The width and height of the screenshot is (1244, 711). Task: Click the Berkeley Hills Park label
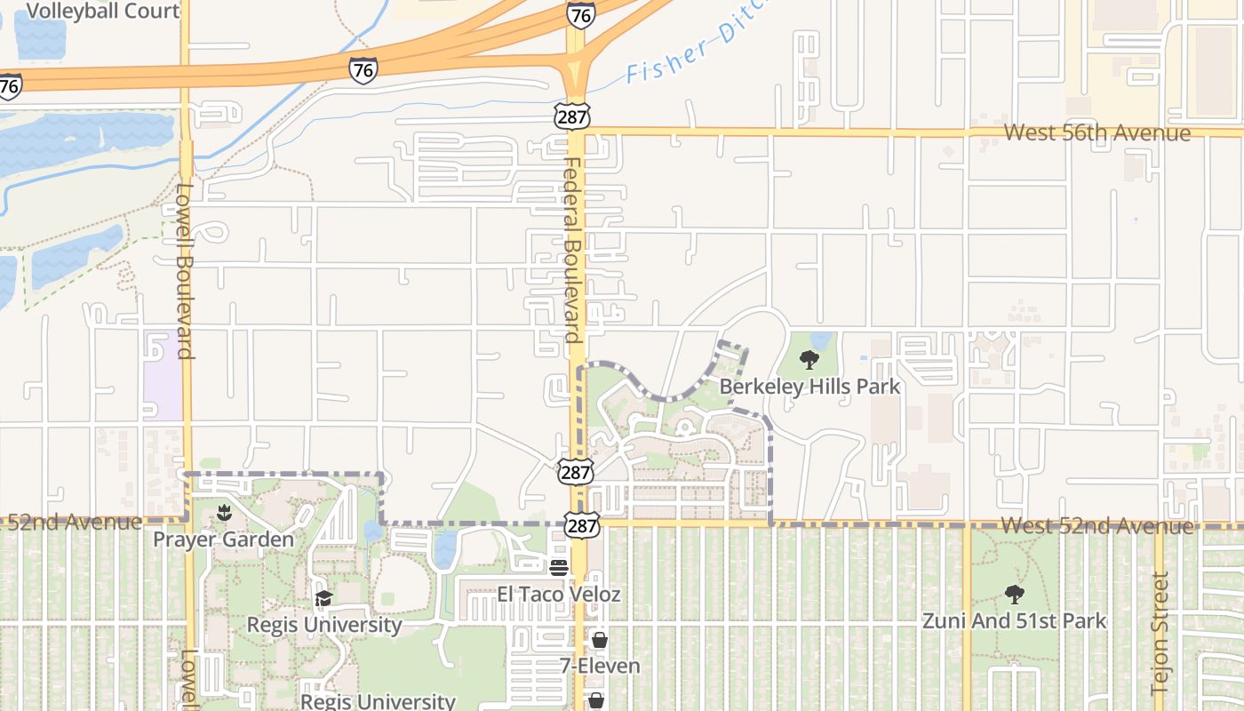(809, 387)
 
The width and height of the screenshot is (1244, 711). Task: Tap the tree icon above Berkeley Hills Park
(809, 360)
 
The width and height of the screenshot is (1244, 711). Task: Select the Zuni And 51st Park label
(1014, 620)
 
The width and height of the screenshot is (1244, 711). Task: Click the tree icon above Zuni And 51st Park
(1014, 595)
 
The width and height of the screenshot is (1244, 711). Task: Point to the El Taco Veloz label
(558, 594)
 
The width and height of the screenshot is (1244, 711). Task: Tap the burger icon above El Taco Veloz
(559, 568)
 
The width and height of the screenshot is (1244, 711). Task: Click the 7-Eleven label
(600, 665)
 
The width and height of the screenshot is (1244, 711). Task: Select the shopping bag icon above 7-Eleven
(600, 640)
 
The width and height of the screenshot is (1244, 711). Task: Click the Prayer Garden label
(223, 539)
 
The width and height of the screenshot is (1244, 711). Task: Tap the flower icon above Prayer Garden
(223, 513)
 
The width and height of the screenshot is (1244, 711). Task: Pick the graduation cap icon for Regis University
(323, 598)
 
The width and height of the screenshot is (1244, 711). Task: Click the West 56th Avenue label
(1096, 133)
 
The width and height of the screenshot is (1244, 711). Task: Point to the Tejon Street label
(1160, 633)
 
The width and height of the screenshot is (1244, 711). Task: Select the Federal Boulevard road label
(571, 251)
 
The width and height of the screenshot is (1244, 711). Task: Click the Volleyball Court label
(103, 11)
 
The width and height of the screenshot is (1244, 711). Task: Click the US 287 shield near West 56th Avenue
(571, 115)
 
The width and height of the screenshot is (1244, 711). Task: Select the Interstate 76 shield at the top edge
(580, 15)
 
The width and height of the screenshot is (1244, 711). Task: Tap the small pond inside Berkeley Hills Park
(820, 340)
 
